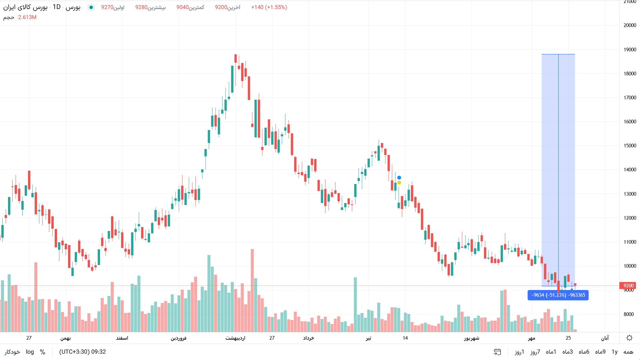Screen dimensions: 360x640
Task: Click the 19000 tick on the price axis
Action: click(x=630, y=50)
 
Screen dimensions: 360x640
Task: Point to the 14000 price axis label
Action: click(x=630, y=170)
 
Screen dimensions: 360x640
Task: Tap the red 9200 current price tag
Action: click(x=628, y=286)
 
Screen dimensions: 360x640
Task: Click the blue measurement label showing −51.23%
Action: click(x=558, y=295)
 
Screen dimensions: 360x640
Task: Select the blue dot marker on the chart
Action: click(x=399, y=178)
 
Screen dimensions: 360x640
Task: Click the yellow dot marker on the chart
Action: click(x=399, y=183)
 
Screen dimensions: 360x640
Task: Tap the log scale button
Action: click(x=30, y=352)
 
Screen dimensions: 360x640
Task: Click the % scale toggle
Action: click(x=43, y=352)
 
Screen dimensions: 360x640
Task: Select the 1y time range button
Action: click(x=614, y=352)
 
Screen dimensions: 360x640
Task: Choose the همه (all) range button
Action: click(x=628, y=352)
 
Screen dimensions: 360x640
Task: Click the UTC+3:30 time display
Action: click(x=82, y=352)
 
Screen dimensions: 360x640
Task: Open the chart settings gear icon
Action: click(x=629, y=338)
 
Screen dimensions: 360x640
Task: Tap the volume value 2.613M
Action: click(x=27, y=17)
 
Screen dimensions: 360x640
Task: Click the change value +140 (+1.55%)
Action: click(x=269, y=7)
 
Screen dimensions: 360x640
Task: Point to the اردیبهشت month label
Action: click(x=235, y=338)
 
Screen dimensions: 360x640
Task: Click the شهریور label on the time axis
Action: click(x=472, y=338)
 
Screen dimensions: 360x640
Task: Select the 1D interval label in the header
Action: click(x=57, y=7)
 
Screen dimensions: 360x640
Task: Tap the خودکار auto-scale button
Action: click(x=12, y=352)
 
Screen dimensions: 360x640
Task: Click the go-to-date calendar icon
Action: click(x=497, y=352)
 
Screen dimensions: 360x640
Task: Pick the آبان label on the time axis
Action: click(x=605, y=338)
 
